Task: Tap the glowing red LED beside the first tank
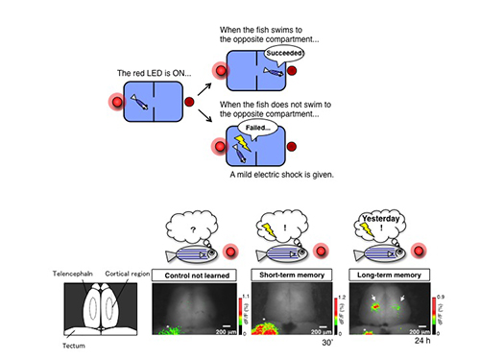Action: coord(118,102)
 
